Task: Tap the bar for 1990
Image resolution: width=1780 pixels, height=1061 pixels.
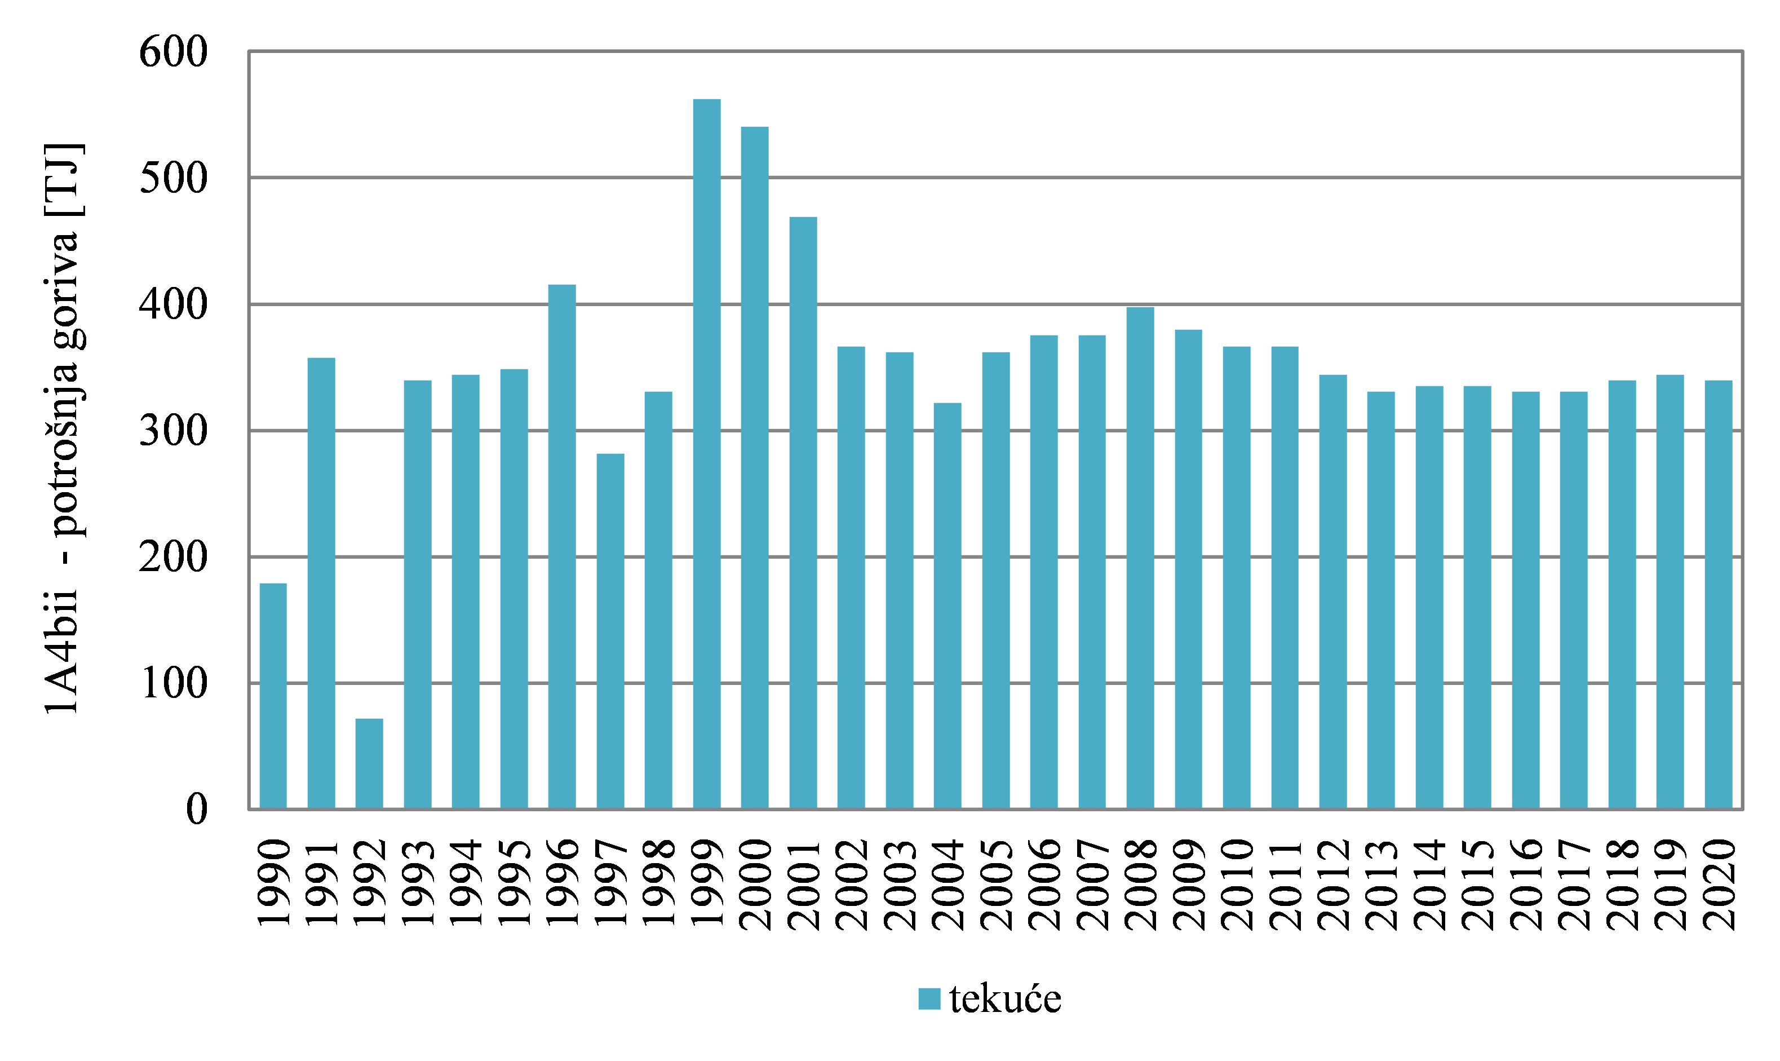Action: [x=273, y=696]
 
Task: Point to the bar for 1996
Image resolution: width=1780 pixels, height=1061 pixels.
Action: [x=562, y=547]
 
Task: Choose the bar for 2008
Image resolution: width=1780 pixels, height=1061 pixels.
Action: [x=1140, y=558]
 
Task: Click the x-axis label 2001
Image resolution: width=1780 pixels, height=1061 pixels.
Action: [x=804, y=885]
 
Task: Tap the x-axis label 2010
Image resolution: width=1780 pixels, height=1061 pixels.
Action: [x=1237, y=885]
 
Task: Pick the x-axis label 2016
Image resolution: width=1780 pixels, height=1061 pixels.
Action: [x=1526, y=885]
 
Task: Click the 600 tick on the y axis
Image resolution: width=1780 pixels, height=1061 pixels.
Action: [x=173, y=52]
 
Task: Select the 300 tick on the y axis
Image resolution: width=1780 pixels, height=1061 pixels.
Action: [x=173, y=431]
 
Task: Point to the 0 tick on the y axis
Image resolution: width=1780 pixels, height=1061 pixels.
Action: [x=197, y=810]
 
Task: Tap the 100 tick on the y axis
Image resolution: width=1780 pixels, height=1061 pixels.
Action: [x=173, y=683]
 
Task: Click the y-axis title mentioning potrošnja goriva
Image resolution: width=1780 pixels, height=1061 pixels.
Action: [x=63, y=429]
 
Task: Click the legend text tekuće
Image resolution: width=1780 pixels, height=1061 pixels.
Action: [x=1005, y=1000]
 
